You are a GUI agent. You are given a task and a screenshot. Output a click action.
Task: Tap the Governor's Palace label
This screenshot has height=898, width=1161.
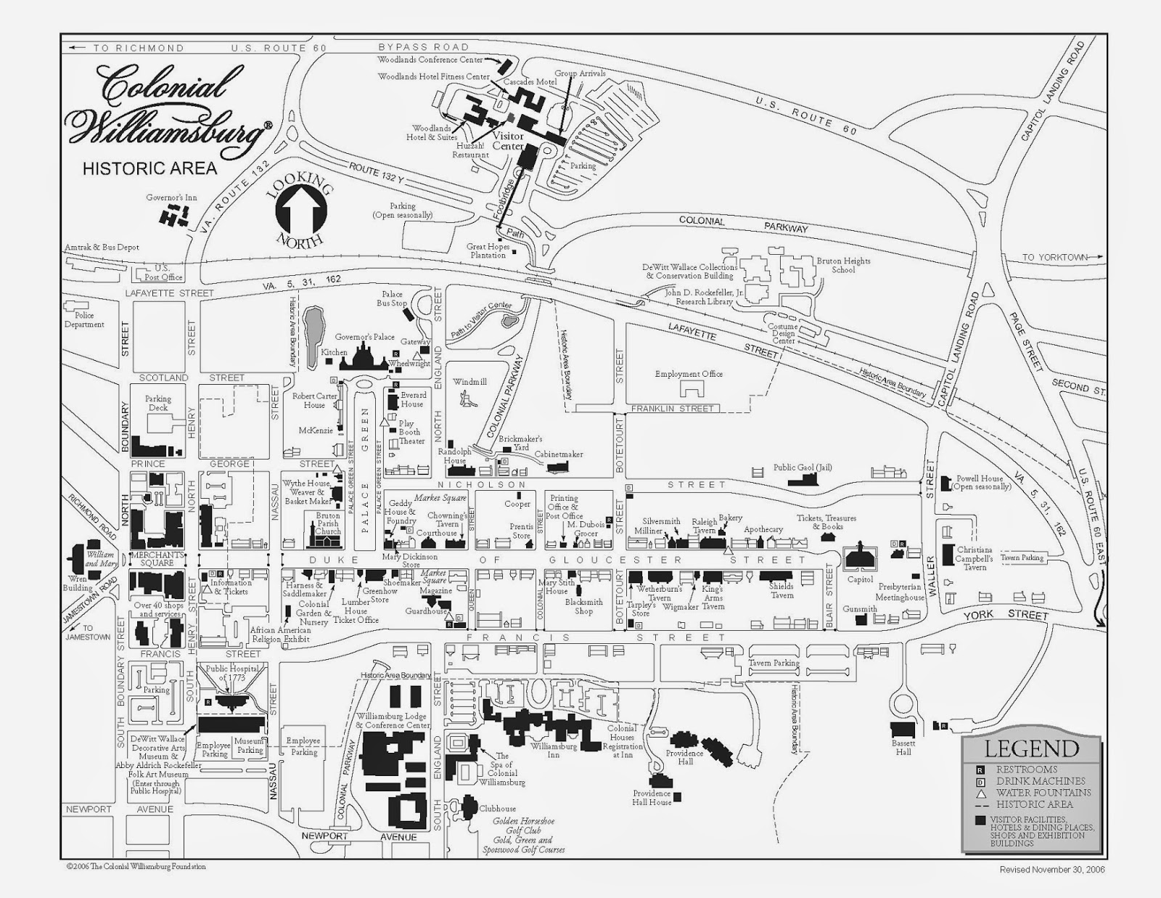364,338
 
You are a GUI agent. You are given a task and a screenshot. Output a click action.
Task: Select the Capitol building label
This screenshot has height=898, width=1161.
860,580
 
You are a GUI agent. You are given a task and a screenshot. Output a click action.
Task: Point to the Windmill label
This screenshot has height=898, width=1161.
469,382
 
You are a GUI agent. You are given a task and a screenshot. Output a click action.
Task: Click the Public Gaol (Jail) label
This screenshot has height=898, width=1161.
802,468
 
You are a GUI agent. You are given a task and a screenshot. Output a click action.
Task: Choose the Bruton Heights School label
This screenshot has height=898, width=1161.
843,265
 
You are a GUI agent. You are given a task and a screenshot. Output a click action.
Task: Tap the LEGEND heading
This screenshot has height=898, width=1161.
1031,749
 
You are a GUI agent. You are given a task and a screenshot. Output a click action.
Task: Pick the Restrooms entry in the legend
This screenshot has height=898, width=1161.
1026,770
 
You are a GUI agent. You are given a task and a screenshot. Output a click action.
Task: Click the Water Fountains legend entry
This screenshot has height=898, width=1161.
1043,793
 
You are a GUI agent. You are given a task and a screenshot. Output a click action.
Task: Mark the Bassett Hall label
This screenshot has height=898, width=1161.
903,748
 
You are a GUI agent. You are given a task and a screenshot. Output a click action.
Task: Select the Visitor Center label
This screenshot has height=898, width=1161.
508,141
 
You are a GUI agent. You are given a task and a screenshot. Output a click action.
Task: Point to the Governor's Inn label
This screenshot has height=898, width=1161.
171,197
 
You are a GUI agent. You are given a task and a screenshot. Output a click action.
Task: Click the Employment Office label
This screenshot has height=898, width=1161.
689,374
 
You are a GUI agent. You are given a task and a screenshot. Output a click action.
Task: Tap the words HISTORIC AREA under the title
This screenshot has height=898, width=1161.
149,168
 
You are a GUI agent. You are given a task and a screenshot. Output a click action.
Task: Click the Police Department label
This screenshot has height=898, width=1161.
84,320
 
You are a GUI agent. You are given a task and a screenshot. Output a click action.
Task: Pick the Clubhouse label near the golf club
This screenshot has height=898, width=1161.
497,809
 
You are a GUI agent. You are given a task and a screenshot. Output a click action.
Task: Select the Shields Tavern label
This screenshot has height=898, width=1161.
781,590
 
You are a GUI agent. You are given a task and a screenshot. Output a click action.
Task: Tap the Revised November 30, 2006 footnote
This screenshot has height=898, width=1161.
1052,870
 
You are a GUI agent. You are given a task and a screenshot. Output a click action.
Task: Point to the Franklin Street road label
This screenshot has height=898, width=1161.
672,409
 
